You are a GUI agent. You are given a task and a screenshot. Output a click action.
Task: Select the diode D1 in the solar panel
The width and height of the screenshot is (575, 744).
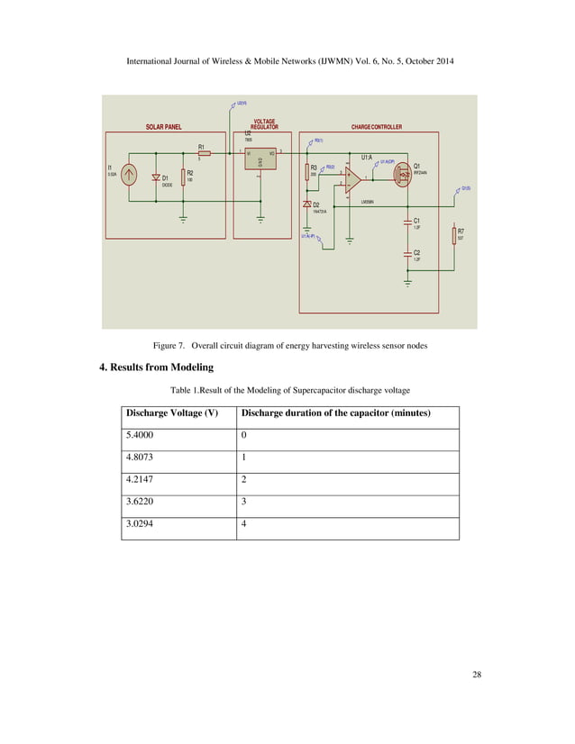click(x=156, y=177)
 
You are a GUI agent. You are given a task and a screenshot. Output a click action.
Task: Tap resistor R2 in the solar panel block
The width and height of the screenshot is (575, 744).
click(x=184, y=177)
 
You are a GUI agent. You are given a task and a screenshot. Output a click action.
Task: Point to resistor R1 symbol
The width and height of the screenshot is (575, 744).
click(x=204, y=154)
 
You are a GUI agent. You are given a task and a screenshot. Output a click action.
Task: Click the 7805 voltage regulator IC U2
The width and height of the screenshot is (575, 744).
click(x=260, y=161)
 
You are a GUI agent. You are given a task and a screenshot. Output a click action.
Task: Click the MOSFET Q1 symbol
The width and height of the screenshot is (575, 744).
click(x=403, y=170)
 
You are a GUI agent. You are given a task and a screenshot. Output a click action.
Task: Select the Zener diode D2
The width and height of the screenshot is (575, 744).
click(x=307, y=205)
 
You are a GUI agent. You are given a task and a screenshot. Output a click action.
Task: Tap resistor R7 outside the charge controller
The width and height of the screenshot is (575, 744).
click(x=455, y=233)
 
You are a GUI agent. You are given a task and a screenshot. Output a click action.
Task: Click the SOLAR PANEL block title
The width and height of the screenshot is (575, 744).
click(x=164, y=127)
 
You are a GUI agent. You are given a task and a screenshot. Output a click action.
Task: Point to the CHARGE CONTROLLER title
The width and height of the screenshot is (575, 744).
click(x=377, y=127)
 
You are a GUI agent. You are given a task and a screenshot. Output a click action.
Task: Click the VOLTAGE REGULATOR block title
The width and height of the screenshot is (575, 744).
click(x=265, y=124)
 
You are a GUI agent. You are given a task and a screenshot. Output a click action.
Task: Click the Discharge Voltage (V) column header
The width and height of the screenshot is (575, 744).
click(x=173, y=413)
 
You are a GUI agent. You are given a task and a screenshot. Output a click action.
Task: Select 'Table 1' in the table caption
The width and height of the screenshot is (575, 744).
click(x=187, y=390)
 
